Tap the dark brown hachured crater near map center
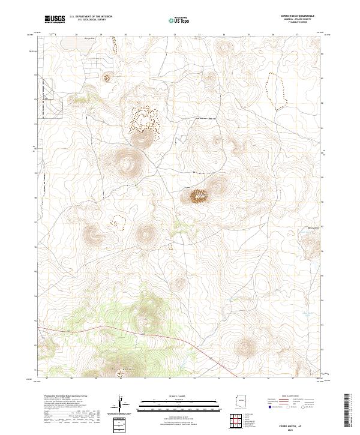(x=199, y=195)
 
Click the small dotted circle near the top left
(x=107, y=76)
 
